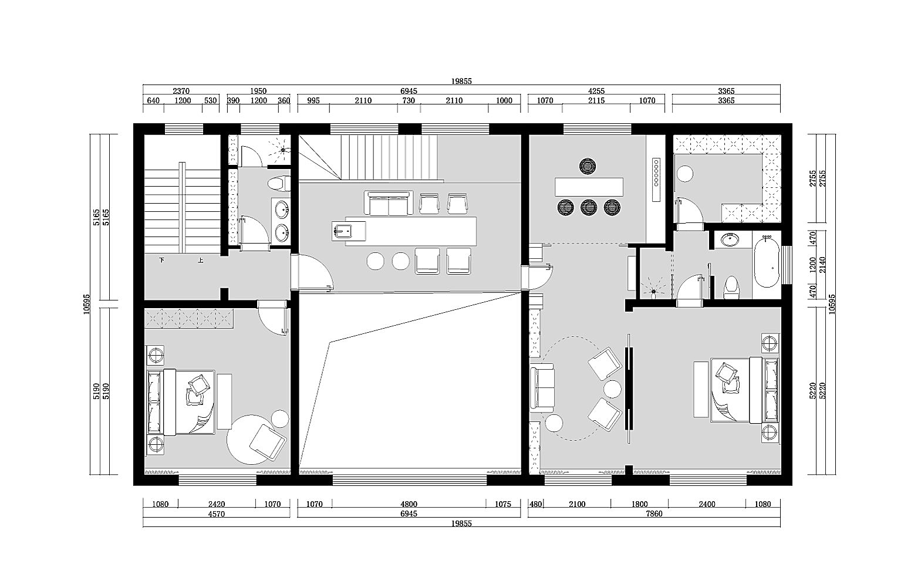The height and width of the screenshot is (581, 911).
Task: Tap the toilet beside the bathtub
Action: coord(731,287)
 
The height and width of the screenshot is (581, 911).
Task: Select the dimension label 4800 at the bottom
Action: coord(409,504)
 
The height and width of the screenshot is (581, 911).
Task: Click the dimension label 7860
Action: coord(654,514)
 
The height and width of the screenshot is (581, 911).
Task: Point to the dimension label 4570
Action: coord(217,514)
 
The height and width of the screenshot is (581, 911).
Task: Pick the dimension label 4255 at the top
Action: coord(596,91)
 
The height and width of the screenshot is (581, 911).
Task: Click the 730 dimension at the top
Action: coord(409,100)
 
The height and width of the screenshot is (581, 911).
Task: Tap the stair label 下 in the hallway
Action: coord(162,260)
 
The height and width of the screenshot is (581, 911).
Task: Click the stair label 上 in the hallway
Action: coord(201,260)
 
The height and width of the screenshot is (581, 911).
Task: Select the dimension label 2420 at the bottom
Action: coord(217,504)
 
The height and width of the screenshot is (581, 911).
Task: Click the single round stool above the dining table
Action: coord(588,166)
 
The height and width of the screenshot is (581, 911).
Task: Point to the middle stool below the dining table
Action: coord(589,207)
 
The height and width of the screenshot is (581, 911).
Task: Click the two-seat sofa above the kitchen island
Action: coord(389,203)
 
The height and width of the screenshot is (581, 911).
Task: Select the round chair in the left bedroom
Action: coord(252,440)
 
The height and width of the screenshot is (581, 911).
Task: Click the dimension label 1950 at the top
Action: coord(258,91)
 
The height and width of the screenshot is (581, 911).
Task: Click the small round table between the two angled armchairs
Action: coord(612,389)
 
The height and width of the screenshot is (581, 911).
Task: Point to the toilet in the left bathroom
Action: coord(279,183)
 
